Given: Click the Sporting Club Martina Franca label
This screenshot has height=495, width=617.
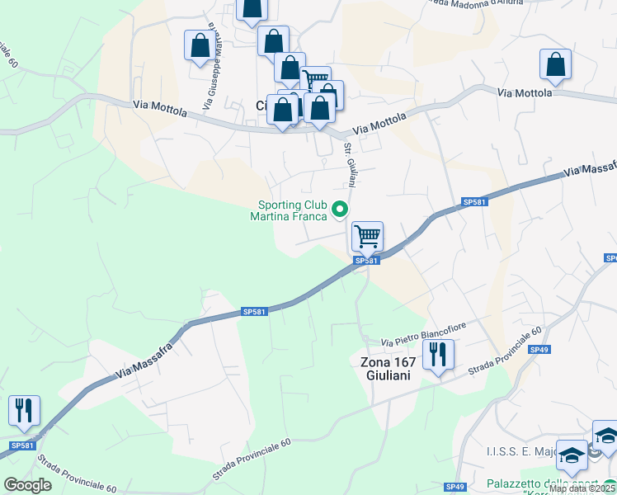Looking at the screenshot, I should pos(293,211).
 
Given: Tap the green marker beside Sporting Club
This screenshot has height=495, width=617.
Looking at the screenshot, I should pos(340,212).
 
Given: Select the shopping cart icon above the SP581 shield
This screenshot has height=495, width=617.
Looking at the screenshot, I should pos(367,236).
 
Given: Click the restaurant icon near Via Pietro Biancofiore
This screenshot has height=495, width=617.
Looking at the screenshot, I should pos(438,355).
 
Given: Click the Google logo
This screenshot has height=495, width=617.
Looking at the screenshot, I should pos(27,485).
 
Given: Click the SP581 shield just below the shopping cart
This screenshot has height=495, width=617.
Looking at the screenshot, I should pos(366,261).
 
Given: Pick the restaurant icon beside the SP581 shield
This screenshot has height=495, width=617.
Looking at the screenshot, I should pos(23,409).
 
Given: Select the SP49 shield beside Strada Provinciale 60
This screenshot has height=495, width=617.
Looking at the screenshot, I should pos(539,350).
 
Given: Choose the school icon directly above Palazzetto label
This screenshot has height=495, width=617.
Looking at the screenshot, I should pos(571,455).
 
